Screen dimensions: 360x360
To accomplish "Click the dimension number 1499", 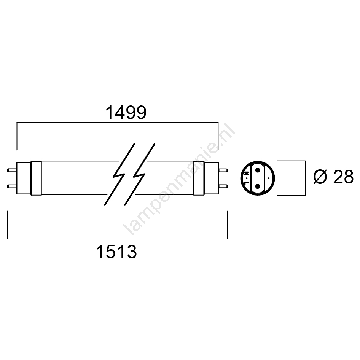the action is point(126,113).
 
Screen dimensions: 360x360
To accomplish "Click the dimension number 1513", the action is point(117,252).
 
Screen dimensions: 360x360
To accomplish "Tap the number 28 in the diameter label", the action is point(343,177).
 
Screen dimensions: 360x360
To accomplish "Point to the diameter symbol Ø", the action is point(320,177).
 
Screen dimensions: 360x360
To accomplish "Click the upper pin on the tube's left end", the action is point(12,170).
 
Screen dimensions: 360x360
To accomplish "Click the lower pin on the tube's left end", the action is point(12,186).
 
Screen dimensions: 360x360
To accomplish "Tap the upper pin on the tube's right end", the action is point(223,170).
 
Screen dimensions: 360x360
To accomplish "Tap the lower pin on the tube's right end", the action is point(223,186).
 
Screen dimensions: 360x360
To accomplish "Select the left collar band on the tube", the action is point(36,178).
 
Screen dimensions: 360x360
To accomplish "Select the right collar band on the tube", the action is point(199,178).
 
